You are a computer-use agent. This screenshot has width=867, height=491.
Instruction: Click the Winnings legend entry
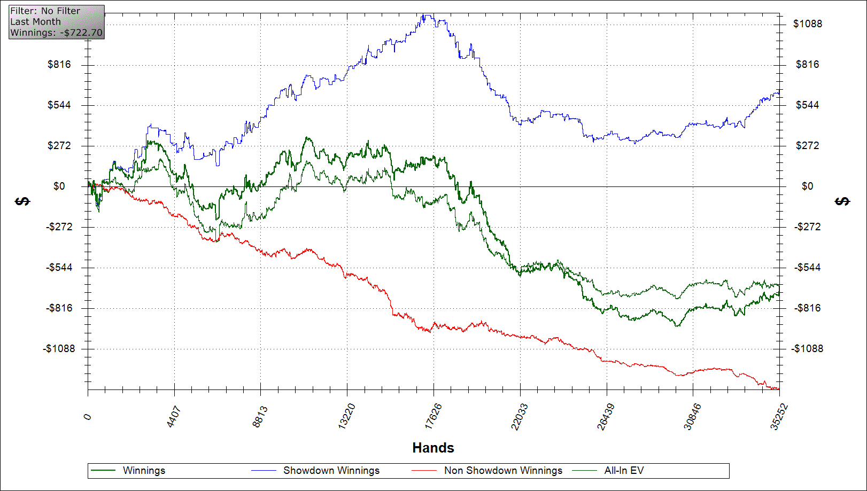(x=144, y=471)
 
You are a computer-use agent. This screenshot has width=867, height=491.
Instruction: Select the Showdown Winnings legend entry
(x=331, y=471)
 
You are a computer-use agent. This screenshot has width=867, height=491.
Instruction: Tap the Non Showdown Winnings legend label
(x=503, y=471)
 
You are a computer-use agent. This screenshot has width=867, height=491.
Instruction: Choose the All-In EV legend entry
(x=624, y=471)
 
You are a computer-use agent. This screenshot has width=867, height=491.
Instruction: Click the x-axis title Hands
(x=433, y=448)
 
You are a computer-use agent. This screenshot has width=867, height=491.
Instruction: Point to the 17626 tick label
(x=433, y=416)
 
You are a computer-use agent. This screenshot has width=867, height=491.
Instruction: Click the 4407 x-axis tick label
(x=174, y=417)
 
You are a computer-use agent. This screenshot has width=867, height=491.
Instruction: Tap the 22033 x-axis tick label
(x=520, y=416)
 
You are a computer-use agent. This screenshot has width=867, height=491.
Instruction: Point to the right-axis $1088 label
(x=808, y=24)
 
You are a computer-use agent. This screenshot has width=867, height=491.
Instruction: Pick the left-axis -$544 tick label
(x=59, y=268)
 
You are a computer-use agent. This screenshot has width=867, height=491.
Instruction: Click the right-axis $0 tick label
(x=807, y=186)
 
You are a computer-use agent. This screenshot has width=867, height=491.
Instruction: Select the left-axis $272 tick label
(x=59, y=146)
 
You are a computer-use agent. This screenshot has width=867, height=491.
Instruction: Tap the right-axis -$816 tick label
(x=808, y=308)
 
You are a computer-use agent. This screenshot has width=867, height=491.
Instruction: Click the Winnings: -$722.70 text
(x=56, y=33)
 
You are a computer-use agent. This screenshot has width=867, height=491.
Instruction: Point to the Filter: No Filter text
(x=45, y=11)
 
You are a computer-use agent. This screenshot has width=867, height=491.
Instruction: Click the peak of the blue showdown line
(x=425, y=15)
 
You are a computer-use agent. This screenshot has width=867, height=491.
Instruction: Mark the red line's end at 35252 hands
(x=778, y=389)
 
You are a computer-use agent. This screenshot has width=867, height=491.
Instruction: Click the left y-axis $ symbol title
(x=22, y=201)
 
